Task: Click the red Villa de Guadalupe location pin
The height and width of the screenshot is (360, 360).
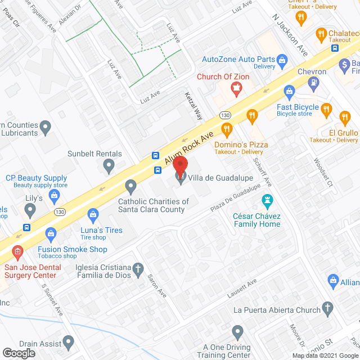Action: pos(180,166)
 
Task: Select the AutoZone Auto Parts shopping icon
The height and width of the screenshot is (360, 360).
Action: pos(282,60)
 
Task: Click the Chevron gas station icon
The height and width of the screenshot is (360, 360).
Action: pos(313,83)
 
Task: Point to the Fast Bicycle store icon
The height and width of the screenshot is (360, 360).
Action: pos(289,91)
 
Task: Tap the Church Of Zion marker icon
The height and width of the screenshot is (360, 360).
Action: pos(236,88)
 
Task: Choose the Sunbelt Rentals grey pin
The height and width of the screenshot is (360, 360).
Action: pos(109,165)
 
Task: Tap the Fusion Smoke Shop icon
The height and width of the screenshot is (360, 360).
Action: pos(51,233)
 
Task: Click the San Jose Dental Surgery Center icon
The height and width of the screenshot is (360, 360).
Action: pos(18,251)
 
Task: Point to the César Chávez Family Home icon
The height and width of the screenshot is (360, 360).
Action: pos(268,200)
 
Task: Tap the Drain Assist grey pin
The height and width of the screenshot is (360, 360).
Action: pos(69,341)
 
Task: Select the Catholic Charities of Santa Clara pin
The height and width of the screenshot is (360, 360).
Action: pos(131,186)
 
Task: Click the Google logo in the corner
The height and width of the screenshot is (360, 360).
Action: pos(18,353)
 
